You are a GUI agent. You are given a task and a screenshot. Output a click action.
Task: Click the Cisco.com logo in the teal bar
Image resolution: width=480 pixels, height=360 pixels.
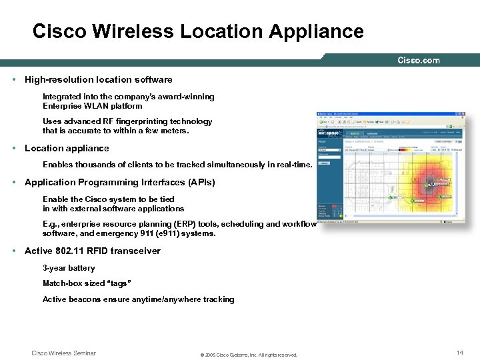point(419,60)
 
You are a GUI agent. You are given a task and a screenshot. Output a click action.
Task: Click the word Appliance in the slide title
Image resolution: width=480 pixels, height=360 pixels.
point(317,31)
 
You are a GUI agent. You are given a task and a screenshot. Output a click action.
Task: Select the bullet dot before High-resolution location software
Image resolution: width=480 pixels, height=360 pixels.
point(14,79)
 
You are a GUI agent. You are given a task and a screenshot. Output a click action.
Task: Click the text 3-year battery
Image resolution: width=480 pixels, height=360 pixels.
point(69,268)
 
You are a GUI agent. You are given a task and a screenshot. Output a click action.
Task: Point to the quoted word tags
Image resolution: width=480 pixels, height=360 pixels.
point(117,283)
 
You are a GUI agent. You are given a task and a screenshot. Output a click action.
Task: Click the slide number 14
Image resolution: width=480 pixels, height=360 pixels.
point(459,352)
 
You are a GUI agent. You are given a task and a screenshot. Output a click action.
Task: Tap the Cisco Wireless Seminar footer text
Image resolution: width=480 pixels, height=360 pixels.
point(64,353)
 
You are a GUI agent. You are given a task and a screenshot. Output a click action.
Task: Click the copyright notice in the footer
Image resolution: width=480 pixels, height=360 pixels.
point(249,355)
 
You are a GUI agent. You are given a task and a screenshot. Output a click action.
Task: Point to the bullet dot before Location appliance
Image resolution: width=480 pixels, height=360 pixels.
point(14,148)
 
